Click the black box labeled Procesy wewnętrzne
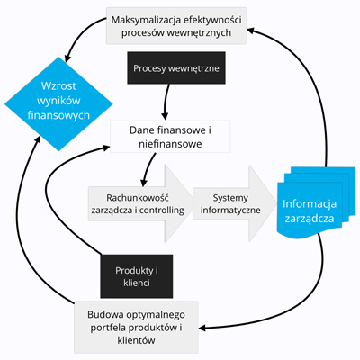(176, 67)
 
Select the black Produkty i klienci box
(137, 276)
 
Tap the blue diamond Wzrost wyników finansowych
(58, 103)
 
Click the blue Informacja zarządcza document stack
(314, 202)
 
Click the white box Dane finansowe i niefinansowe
(170, 137)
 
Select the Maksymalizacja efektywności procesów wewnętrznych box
(176, 26)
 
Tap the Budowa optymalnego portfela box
(136, 327)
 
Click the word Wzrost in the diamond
(58, 86)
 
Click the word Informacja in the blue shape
(310, 204)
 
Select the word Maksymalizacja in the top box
(146, 21)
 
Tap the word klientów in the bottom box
(136, 340)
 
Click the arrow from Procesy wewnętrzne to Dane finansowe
(166, 102)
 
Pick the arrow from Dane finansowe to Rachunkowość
(148, 169)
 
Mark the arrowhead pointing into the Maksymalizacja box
(251, 31)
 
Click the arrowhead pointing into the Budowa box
(202, 328)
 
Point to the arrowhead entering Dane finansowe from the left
(106, 147)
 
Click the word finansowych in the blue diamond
(58, 115)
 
